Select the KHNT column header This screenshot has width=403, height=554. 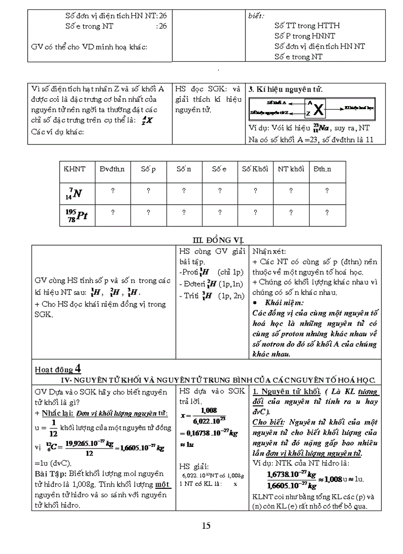(75, 169)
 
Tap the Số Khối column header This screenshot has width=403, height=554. (255, 169)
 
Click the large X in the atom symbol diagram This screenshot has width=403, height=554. (320, 109)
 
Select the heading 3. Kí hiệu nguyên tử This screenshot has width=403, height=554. (286, 89)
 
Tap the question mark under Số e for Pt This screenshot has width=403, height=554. (219, 213)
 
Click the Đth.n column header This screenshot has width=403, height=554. (322, 169)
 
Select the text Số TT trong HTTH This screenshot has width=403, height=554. (307, 25)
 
